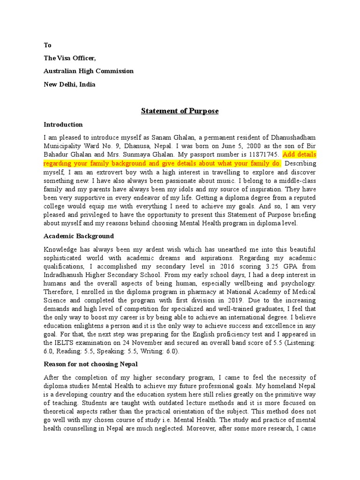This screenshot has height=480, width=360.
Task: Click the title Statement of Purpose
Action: (180, 111)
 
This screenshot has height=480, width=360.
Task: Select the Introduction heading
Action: (63, 125)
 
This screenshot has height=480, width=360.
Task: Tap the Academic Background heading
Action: (79, 236)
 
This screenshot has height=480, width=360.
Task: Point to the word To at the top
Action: (47, 45)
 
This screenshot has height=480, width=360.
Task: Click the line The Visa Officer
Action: (70, 58)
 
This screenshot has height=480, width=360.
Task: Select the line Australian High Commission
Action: (89, 71)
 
